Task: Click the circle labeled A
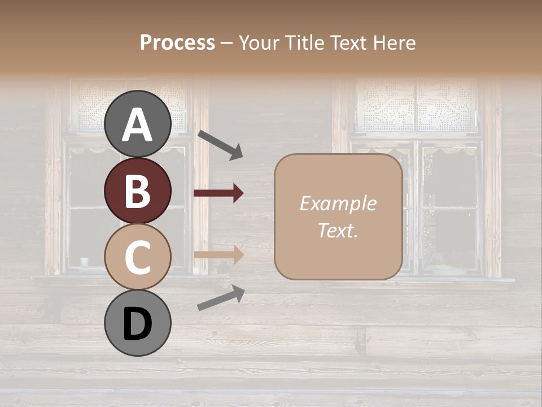[137, 124]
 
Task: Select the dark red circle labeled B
[137, 190]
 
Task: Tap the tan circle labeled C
[137, 257]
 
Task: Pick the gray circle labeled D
[137, 323]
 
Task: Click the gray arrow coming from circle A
[220, 144]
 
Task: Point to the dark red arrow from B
[218, 193]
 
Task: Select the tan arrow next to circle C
[218, 254]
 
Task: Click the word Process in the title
[177, 42]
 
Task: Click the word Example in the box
[338, 203]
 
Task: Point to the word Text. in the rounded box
[338, 230]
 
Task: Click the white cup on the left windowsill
[85, 262]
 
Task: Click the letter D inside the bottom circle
[137, 324]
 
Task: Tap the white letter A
[137, 125]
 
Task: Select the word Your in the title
[256, 42]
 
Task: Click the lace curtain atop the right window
[417, 105]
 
